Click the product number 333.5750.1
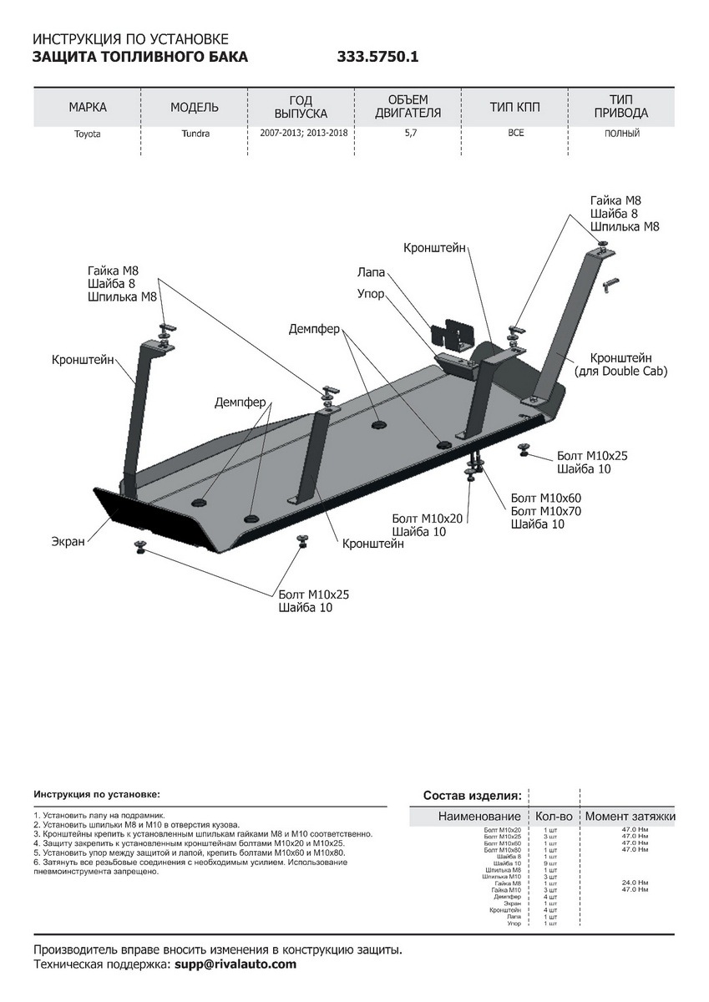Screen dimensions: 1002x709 (x=377, y=58)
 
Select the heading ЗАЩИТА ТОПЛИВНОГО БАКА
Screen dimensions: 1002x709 (x=139, y=58)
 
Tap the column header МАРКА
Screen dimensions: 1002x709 (x=88, y=108)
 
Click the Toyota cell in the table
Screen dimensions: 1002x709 (x=87, y=134)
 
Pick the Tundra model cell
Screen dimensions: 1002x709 (x=195, y=134)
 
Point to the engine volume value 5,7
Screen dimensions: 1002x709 (x=409, y=133)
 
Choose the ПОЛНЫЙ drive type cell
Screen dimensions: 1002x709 (x=622, y=133)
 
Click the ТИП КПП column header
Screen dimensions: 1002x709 (x=515, y=108)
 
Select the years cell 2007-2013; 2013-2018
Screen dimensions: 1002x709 (x=301, y=133)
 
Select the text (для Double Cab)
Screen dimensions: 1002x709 (x=620, y=371)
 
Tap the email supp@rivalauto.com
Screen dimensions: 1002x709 (x=235, y=964)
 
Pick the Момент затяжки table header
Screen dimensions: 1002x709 (x=630, y=816)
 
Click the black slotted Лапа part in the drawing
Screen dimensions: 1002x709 (x=452, y=332)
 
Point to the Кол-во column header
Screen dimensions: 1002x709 (x=554, y=816)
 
